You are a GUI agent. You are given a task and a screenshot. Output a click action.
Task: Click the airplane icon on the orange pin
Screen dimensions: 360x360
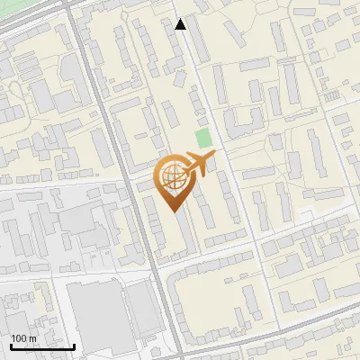196,166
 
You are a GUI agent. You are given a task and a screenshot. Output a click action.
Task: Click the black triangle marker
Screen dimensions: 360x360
181,24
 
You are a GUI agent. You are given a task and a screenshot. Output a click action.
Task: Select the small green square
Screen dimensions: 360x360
204,139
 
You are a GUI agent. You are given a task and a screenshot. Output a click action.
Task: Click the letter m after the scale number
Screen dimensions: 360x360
32,338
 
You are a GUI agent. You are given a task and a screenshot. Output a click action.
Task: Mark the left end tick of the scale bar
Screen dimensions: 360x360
11,345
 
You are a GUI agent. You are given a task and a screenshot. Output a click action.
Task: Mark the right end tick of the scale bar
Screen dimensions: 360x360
74,345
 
